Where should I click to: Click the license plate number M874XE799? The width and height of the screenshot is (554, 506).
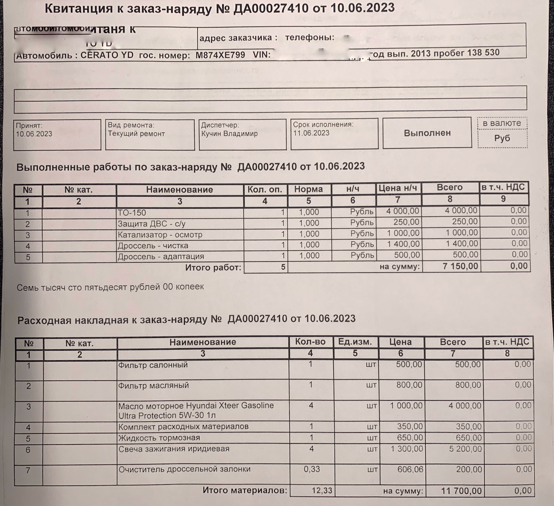coord(220,55)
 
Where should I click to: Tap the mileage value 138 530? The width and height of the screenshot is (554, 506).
coord(483,53)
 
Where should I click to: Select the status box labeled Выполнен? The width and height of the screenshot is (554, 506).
coord(427,133)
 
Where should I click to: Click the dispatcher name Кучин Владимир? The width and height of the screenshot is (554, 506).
coord(229,134)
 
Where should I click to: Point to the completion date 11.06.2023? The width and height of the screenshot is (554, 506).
coord(311,133)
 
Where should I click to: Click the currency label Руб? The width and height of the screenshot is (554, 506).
coord(502,138)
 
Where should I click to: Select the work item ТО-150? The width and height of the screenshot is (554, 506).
coord(132,213)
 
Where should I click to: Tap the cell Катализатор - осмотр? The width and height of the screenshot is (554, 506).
coord(160,235)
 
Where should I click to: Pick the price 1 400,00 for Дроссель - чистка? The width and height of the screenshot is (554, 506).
coord(403,244)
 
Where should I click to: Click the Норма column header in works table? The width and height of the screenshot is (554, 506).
coord(308,189)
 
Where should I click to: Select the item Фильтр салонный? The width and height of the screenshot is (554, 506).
coord(153,365)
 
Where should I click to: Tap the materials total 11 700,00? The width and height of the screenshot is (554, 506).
coord(461,491)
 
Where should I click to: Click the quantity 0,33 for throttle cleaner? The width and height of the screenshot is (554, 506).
coord(312,469)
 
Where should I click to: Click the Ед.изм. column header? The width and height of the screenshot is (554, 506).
coord(355,342)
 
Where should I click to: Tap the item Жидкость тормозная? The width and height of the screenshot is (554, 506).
coord(159,438)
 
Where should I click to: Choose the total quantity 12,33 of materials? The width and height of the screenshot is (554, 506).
coord(322,490)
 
